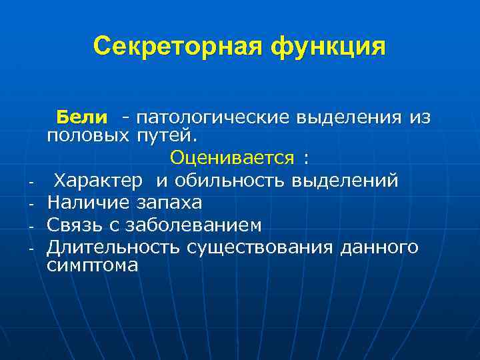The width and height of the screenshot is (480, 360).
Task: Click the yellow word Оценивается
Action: click(x=231, y=157)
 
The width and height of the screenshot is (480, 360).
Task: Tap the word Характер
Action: click(x=98, y=180)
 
